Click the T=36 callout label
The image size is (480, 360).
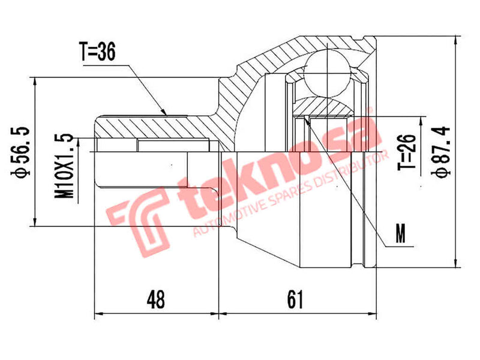point(97,52)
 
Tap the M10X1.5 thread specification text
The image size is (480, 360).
point(67,166)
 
